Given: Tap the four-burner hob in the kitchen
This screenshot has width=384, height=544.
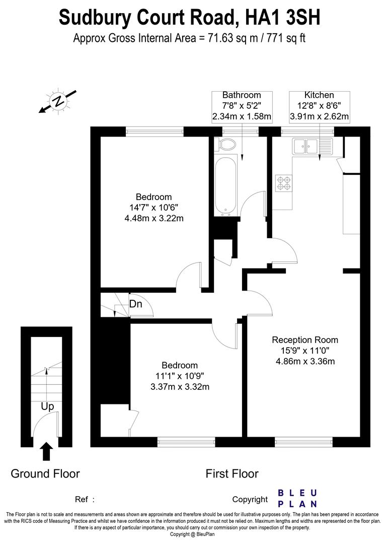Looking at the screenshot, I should (x=283, y=182).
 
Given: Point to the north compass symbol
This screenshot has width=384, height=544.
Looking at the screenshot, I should (x=58, y=101).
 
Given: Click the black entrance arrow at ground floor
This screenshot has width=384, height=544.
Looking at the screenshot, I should (x=46, y=451).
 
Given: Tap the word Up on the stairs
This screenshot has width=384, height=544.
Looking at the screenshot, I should (x=47, y=406).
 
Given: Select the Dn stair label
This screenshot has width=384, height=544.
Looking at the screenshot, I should (x=135, y=304).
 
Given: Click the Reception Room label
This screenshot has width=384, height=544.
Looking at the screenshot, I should (x=305, y=340).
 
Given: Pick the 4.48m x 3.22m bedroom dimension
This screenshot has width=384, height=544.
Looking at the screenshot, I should (x=154, y=218).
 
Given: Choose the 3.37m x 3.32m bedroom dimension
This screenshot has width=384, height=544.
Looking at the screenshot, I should (x=180, y=387).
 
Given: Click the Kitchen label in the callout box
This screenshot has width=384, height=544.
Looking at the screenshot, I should (x=319, y=95).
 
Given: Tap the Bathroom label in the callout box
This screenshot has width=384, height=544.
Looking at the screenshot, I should (x=242, y=95).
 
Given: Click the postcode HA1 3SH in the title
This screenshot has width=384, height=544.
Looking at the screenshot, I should (x=283, y=18).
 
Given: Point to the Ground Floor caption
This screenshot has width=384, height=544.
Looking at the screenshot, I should (x=45, y=473).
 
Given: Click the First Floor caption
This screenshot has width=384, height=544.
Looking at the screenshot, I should (x=232, y=473).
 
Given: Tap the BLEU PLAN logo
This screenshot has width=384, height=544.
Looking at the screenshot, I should (x=298, y=498).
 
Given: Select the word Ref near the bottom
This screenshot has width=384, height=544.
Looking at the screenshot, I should (x=82, y=500).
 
